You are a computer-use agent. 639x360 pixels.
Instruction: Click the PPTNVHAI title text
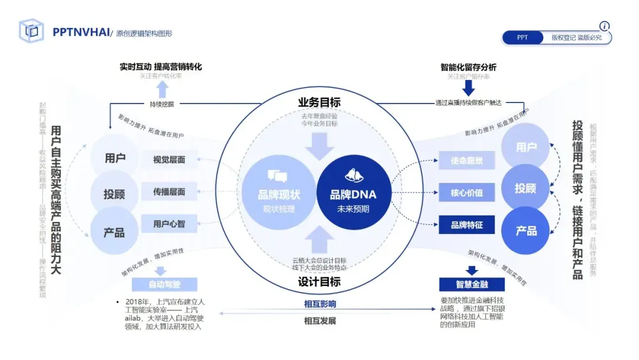pyautogui.click(x=81, y=33)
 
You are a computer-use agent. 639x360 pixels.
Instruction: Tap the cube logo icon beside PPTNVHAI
pyautogui.click(x=31, y=31)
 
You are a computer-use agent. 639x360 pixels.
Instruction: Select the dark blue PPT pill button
pyautogui.click(x=522, y=37)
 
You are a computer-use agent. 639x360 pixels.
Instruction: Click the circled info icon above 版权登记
pyautogui.click(x=604, y=26)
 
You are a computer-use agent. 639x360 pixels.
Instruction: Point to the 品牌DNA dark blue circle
pyautogui.click(x=353, y=192)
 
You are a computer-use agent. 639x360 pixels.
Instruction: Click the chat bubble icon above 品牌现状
pyautogui.click(x=278, y=175)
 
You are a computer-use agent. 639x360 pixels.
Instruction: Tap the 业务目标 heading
pyautogui.click(x=319, y=102)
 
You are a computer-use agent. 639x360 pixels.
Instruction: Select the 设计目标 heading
pyautogui.click(x=319, y=282)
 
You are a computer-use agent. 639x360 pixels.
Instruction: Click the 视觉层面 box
pyautogui.click(x=169, y=159)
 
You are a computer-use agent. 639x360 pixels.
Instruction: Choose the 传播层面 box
pyautogui.click(x=169, y=192)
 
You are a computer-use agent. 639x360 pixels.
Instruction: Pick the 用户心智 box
pyautogui.click(x=169, y=224)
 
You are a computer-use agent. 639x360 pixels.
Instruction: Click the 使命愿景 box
pyautogui.click(x=467, y=160)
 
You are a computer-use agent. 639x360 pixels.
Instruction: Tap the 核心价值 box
pyautogui.click(x=467, y=192)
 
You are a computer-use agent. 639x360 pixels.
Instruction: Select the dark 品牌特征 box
pyautogui.click(x=467, y=225)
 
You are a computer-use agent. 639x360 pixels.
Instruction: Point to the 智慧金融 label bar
pyautogui.click(x=472, y=284)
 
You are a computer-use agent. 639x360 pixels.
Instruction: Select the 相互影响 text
pyautogui.click(x=319, y=304)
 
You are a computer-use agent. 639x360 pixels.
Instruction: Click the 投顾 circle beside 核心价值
pyautogui.click(x=525, y=188)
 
